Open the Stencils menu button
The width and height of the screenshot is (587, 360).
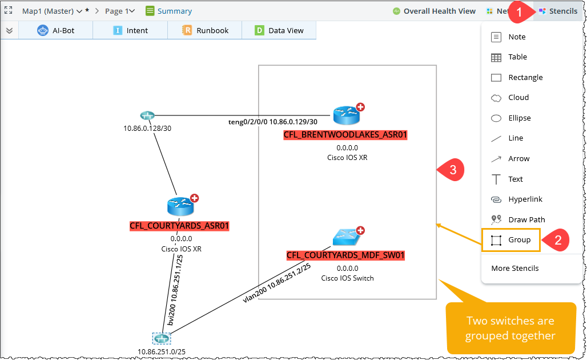(558, 11)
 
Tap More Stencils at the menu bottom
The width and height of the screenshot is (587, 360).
(514, 269)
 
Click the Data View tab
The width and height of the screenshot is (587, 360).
(279, 31)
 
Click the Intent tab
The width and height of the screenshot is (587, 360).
(131, 31)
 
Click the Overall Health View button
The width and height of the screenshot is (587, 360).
(433, 11)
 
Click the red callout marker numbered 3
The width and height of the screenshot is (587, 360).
(451, 170)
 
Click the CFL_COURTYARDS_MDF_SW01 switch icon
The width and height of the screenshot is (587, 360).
(345, 237)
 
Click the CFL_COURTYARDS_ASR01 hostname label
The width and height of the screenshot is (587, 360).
(179, 226)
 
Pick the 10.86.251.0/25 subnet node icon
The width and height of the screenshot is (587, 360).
(162, 338)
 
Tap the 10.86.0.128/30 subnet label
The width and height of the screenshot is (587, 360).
(147, 128)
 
